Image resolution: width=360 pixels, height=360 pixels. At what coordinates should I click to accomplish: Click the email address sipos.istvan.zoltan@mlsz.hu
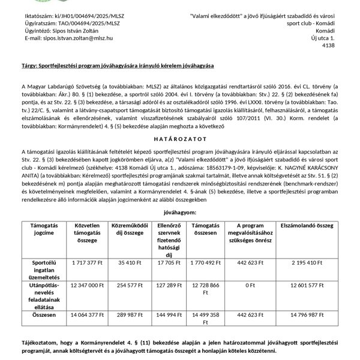[x=78, y=38]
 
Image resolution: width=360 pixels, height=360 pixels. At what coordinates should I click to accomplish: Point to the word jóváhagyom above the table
[x=179, y=213]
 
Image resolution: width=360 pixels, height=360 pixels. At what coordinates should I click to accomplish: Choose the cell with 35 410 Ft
[x=130, y=279]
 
